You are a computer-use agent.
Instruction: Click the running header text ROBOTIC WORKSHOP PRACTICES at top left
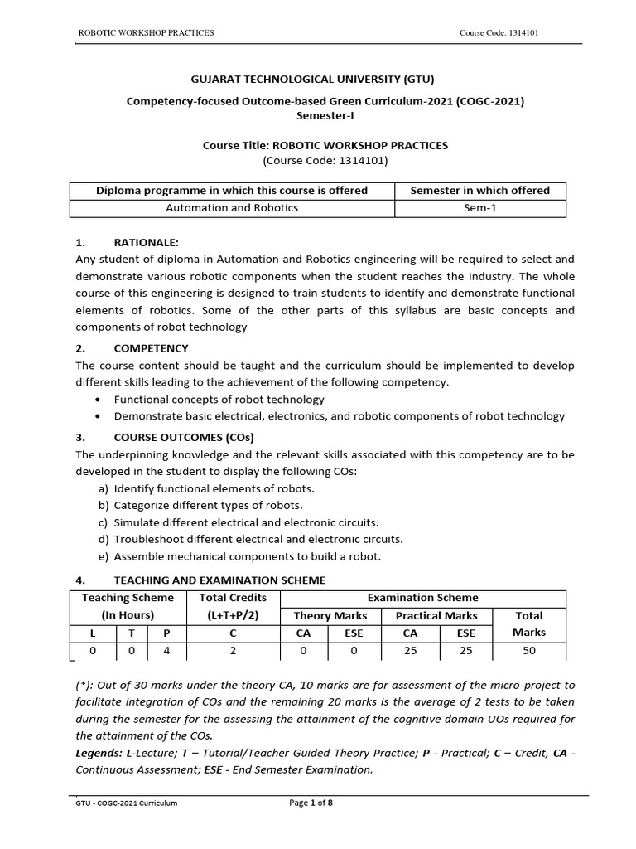(x=146, y=32)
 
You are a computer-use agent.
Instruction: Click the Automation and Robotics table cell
(x=232, y=208)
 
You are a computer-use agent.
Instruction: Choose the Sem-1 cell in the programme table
(x=480, y=208)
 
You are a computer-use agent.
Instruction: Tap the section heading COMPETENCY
(x=151, y=348)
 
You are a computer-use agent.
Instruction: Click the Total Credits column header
(x=234, y=598)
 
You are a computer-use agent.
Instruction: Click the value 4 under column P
(x=166, y=651)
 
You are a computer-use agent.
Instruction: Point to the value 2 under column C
(x=234, y=651)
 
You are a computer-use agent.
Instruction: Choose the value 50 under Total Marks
(x=529, y=651)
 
